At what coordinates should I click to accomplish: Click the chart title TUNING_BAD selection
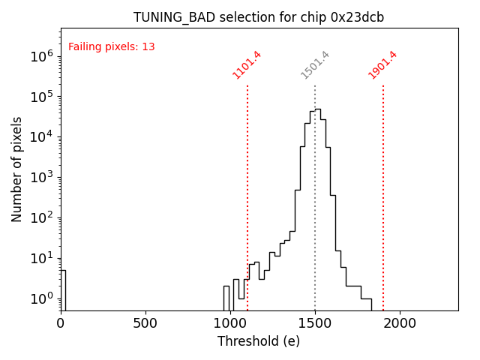259,17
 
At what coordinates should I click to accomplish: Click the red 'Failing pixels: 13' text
111,47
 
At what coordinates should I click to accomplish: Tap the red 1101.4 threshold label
247,65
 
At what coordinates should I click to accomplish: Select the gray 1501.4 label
315,65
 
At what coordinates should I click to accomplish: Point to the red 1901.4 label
382,65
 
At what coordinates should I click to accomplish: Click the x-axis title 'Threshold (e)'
259,341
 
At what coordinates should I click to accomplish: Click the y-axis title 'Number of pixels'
17,169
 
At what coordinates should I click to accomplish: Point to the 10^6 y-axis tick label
41,56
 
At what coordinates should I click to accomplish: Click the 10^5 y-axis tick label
41,97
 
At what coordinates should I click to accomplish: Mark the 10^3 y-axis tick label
41,178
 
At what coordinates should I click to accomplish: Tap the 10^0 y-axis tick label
41,298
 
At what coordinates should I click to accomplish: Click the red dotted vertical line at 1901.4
383,195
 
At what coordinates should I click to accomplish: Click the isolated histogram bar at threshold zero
63,289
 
